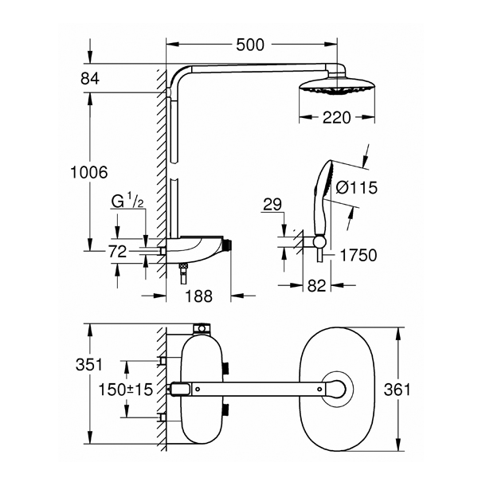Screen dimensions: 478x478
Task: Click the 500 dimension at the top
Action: click(x=250, y=45)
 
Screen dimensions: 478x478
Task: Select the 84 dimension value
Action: click(x=90, y=79)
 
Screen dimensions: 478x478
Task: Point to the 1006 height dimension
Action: click(x=89, y=172)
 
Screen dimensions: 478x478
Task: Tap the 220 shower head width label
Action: click(x=337, y=117)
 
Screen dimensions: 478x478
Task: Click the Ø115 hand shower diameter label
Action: click(x=357, y=187)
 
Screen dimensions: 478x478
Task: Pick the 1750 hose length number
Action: click(x=358, y=255)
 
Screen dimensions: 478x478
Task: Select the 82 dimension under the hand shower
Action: click(x=317, y=286)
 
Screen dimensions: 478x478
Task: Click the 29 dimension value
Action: click(x=272, y=205)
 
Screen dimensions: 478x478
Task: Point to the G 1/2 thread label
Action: click(x=127, y=201)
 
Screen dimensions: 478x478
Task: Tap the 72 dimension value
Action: click(x=117, y=252)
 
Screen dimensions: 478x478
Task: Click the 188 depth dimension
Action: click(x=198, y=296)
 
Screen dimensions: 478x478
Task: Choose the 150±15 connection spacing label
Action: click(x=125, y=390)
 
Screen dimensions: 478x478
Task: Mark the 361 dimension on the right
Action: click(x=398, y=390)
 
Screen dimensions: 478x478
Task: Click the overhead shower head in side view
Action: click(x=337, y=84)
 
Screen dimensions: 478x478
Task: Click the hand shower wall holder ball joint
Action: click(x=319, y=241)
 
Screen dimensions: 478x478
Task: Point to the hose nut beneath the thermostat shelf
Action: click(x=183, y=266)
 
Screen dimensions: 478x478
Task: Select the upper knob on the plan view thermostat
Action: click(x=226, y=368)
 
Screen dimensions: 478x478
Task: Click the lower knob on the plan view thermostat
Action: click(x=226, y=410)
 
